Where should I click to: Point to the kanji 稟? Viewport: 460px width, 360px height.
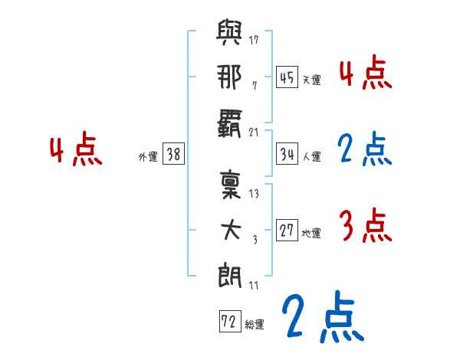pos(231,185)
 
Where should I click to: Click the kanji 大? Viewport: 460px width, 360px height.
pos(231,231)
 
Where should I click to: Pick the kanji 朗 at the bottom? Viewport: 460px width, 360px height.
pos(231,274)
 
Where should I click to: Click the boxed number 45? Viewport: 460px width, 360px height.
pos(287,77)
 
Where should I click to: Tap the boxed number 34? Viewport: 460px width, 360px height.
pos(287,154)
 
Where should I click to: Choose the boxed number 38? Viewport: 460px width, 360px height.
pos(174,154)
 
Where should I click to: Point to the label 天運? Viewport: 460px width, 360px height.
pos(311,80)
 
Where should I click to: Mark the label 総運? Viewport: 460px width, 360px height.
pos(255,324)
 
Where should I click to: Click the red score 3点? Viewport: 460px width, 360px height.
pos(364,226)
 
